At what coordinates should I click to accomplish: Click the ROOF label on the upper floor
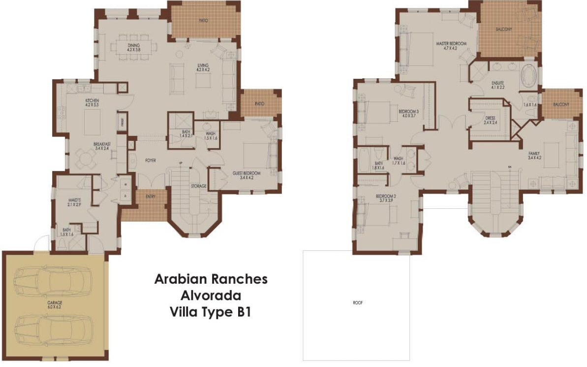357,303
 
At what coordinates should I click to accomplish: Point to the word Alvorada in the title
211,296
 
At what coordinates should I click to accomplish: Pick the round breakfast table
86,159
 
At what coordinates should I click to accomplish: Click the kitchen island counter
92,121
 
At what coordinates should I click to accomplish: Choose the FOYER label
151,161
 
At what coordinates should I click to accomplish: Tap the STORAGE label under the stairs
198,186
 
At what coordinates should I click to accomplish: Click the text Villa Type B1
211,313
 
